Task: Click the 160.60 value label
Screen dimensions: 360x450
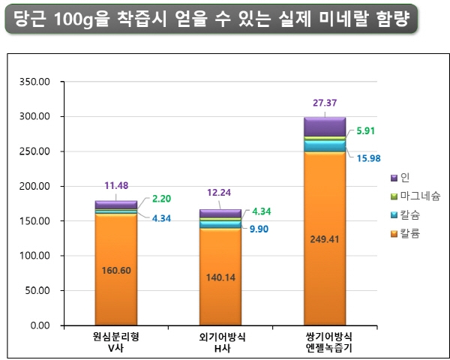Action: (115, 270)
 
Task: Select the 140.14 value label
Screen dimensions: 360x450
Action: (220, 277)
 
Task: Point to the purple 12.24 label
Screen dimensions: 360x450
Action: (219, 192)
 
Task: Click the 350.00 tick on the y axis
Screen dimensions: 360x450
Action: (33, 82)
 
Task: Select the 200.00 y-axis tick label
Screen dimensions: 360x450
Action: (33, 186)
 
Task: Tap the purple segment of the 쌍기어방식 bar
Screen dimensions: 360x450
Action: (324, 127)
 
